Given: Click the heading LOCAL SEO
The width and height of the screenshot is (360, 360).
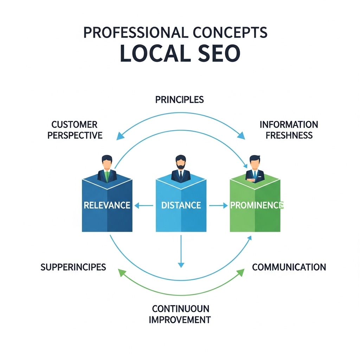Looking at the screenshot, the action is pos(180,53).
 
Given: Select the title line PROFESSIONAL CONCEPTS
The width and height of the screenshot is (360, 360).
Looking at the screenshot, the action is pos(175,32).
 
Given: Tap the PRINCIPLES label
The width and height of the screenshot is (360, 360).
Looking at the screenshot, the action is pos(180,99).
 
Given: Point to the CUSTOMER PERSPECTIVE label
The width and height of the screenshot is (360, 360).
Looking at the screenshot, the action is pos(75,130).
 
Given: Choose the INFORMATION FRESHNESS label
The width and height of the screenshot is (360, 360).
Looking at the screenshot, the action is pos(289,130).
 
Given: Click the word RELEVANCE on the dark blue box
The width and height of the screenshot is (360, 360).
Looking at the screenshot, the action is pos(107,205).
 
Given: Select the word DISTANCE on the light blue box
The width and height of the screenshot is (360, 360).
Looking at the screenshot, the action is pos(181,205).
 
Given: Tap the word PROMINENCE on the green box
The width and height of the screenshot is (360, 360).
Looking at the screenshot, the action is pos(257,205).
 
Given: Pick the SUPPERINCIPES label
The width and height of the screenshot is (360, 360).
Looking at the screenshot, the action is pos(73,267).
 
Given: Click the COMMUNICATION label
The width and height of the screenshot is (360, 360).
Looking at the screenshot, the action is pos(289,267).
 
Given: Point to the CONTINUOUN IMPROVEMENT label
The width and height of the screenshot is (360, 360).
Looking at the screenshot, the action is pos(180,314).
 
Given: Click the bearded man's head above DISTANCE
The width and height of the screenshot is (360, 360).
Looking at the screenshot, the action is pos(181,162).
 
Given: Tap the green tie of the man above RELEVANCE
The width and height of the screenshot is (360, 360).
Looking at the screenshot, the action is pos(107,176).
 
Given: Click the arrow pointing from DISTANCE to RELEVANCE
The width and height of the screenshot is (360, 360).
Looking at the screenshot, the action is pos(144,205).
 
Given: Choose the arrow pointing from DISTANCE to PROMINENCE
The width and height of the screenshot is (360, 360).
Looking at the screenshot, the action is pos(218,205).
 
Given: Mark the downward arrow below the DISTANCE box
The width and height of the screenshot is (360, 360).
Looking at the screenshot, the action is pos(181,251).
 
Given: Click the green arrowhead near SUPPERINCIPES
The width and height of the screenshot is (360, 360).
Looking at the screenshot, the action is pos(122,273).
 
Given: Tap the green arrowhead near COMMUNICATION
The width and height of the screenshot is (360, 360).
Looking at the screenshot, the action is pos(240,272).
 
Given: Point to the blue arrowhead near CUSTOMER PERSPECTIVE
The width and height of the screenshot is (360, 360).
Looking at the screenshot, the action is pos(120,136).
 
